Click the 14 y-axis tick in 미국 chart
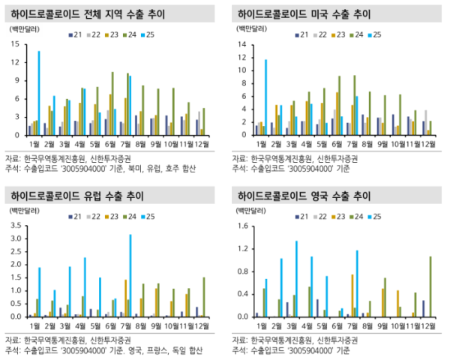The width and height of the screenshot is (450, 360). [x=241, y=44]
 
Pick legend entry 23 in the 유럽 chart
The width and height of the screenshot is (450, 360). [x=115, y=217]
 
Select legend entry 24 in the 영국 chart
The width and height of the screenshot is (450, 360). [x=357, y=217]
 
